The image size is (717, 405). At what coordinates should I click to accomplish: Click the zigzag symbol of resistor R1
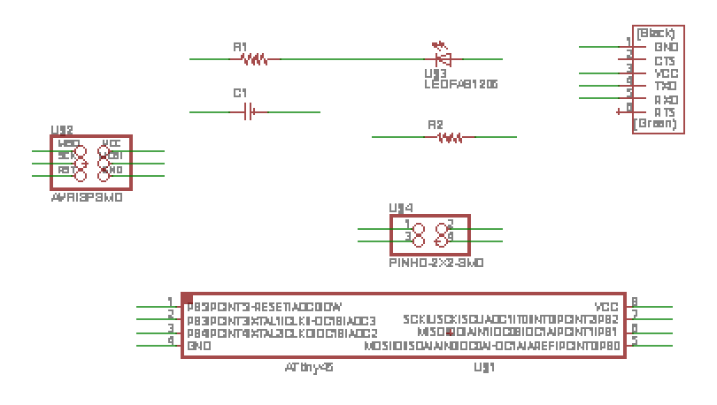point(254,59)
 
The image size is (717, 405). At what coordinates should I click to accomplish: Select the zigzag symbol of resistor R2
point(451,137)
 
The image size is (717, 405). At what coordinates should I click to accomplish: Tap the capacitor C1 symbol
point(251,111)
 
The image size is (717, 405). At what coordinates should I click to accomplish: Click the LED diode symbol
point(444,59)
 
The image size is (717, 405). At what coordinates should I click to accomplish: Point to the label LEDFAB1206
point(460,84)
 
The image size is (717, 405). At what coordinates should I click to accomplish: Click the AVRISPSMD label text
point(87,198)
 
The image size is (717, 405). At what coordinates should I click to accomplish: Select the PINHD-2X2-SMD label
point(436,263)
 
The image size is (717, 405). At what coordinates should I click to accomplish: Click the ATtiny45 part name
point(309,366)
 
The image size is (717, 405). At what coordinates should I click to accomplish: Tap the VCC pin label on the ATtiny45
point(606,307)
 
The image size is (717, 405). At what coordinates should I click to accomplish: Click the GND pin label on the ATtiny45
point(198,347)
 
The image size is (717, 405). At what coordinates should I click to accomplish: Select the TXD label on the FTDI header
point(665,87)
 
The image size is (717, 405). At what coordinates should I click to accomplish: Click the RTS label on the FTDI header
point(665,112)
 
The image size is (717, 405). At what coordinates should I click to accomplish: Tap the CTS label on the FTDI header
point(665,60)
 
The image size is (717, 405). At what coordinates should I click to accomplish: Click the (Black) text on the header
point(655,33)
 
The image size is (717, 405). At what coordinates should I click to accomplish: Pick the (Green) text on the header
point(655,125)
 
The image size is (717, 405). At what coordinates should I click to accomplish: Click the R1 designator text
point(240,46)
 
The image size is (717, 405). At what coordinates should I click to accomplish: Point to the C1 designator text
point(240,93)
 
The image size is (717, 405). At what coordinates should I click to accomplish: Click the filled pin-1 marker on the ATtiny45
point(188,299)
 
